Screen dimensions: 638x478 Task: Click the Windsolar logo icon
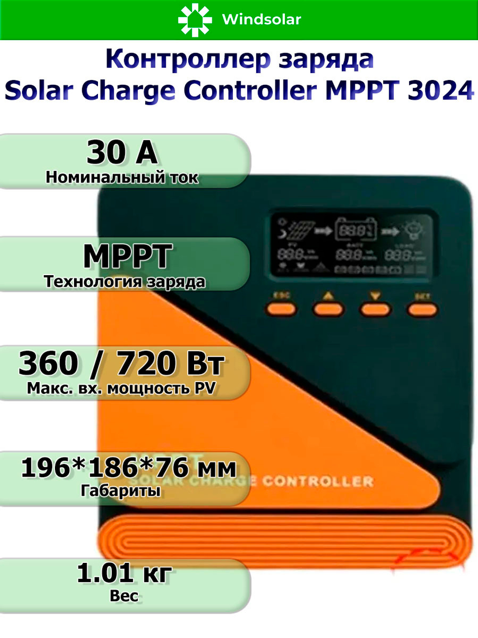click(195, 20)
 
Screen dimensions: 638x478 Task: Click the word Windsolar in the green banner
click(261, 20)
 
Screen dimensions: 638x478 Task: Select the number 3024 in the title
click(440, 90)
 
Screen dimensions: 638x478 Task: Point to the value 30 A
click(122, 153)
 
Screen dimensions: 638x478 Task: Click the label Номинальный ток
click(122, 178)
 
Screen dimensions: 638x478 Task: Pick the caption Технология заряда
click(124, 281)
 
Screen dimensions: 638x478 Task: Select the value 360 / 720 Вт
click(121, 363)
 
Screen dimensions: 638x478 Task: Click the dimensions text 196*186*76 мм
click(129, 468)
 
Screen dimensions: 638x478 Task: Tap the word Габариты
click(120, 491)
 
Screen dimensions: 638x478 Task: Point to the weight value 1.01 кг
click(124, 573)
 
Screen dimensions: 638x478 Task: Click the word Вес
click(124, 596)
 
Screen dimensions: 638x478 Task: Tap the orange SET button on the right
click(422, 309)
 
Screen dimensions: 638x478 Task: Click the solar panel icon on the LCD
click(299, 232)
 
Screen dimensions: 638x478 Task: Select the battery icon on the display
click(356, 231)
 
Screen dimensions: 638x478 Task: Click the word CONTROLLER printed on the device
click(318, 481)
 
